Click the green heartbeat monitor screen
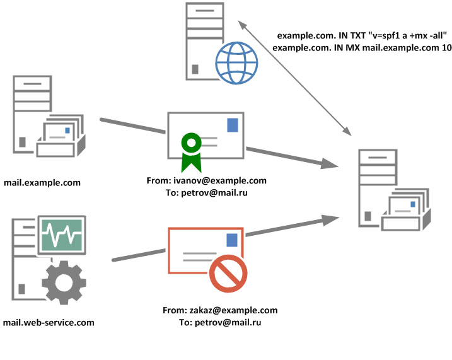pos(61,235)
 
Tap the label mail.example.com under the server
pos(42,183)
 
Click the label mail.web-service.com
pos(49,322)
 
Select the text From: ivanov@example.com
pos(206,180)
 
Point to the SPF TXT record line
pos(362,35)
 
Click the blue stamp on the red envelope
pos(232,240)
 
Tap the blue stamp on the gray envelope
pos(233,124)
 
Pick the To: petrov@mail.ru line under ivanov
pos(206,192)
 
